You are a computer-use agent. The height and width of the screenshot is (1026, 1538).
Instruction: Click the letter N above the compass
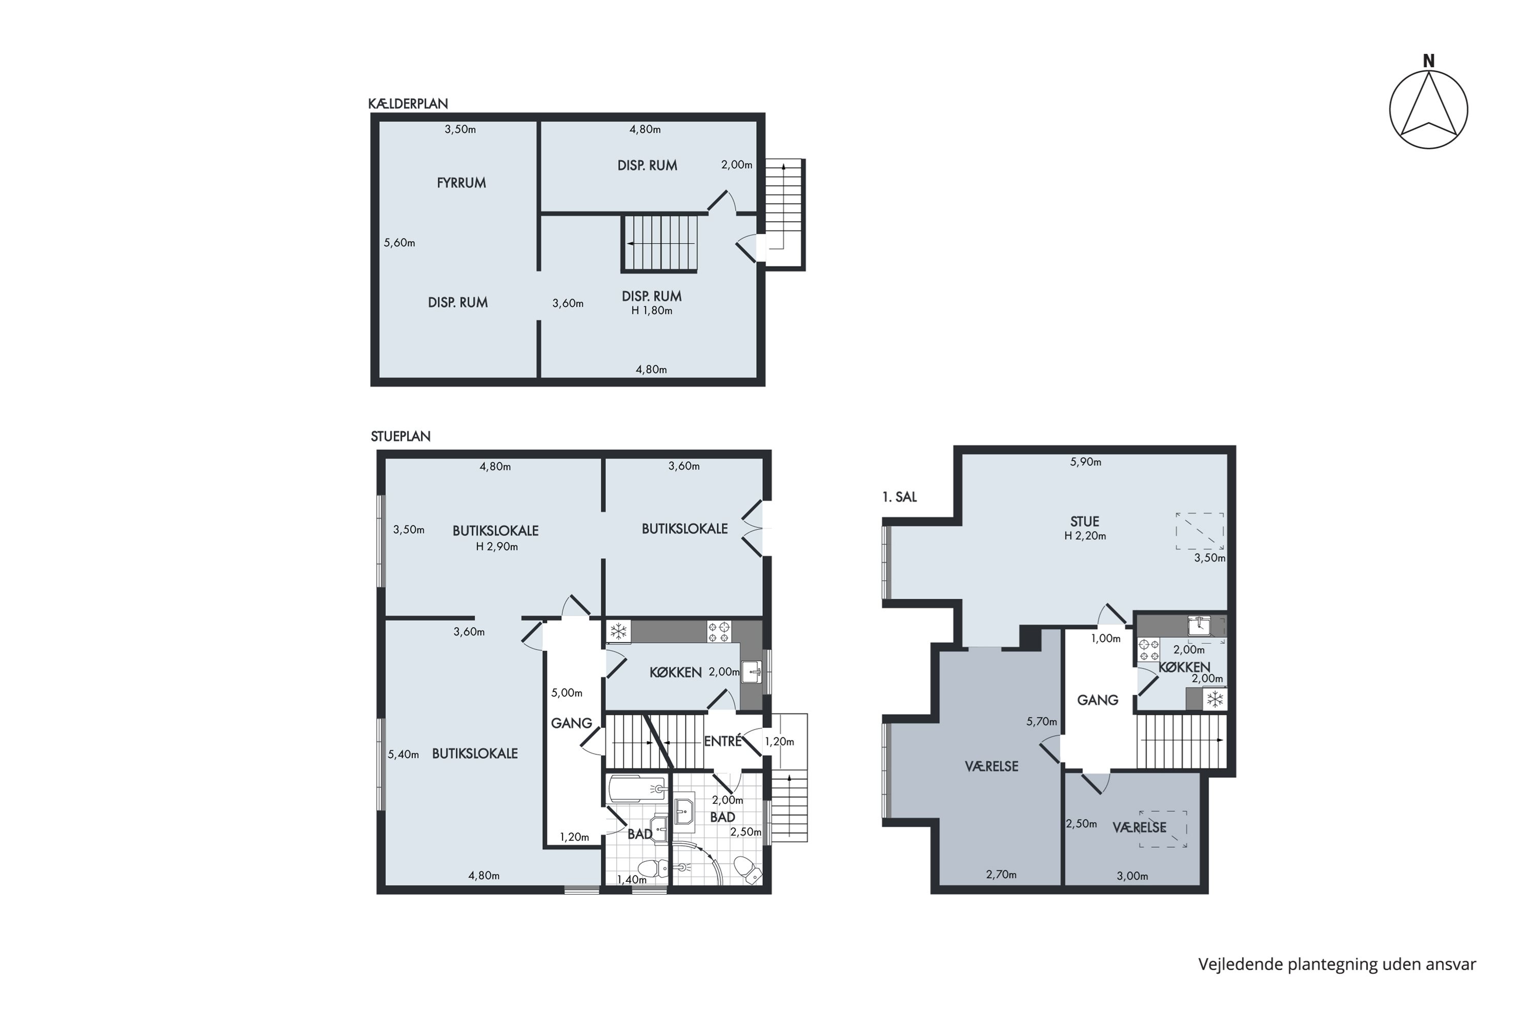coord(1429,61)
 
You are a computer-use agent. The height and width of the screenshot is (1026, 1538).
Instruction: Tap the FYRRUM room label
coord(461,183)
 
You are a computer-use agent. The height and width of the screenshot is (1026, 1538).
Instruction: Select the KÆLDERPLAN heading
coord(408,104)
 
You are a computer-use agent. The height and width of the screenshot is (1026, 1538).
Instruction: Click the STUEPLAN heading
coord(400,437)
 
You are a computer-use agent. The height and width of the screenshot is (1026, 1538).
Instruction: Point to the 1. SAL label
coord(899,497)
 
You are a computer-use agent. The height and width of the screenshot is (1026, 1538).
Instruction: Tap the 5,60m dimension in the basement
coord(399,243)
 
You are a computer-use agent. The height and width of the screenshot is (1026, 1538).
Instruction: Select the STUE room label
coord(1084,522)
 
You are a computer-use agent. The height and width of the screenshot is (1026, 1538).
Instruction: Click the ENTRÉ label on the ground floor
coord(722,741)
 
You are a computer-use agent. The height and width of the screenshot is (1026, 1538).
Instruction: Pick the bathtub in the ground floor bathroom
coord(638,789)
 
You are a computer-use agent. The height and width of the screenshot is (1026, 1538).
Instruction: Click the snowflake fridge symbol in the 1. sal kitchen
coord(1215,700)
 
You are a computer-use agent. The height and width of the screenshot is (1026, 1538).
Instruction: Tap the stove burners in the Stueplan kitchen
coord(719,632)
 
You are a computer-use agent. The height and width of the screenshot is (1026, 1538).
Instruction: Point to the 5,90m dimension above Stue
coord(1085,462)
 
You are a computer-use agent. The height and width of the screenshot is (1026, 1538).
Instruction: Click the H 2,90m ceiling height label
coord(497,547)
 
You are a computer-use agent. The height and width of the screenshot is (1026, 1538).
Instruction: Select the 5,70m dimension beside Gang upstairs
coord(1042,722)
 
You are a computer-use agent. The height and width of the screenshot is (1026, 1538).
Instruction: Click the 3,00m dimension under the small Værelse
coord(1132,876)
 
